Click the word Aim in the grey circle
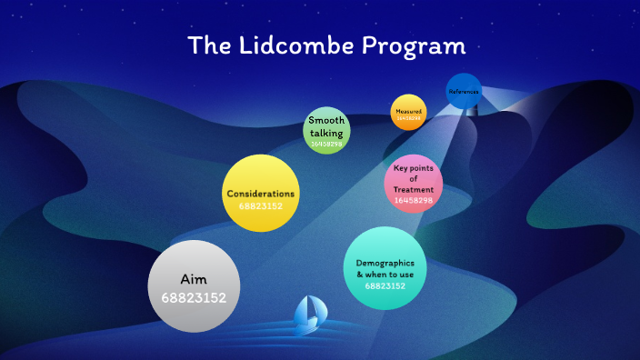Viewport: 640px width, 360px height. point(194,280)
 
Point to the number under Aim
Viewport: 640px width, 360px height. point(194,297)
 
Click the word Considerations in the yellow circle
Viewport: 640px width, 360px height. point(261,194)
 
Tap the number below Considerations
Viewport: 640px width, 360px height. point(261,206)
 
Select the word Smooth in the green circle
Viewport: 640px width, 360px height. point(326,121)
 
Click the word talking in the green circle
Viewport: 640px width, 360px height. point(326,133)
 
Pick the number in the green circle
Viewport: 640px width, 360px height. point(326,144)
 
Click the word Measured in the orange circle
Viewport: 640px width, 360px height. point(408,110)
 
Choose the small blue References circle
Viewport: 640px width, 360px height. point(464,91)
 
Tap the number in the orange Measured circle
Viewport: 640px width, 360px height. point(408,118)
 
